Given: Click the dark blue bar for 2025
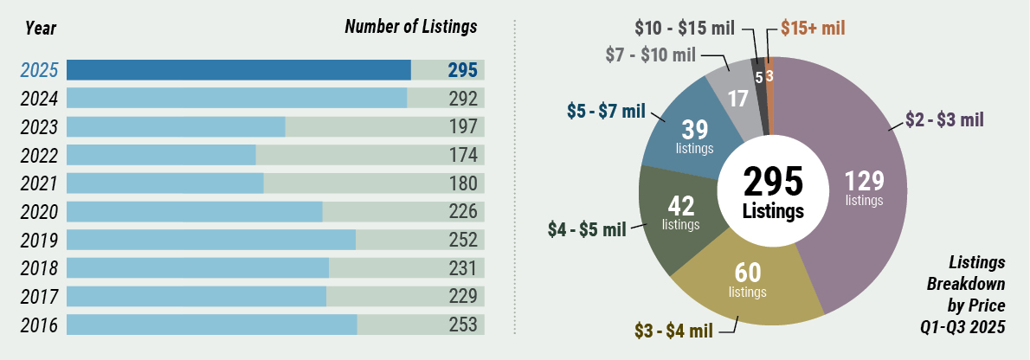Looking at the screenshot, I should click(x=238, y=70).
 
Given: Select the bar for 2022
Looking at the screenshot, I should click(x=161, y=155).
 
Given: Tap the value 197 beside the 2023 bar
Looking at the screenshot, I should click(x=463, y=127).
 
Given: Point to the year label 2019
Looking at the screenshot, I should click(x=39, y=241).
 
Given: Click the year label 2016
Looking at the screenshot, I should click(x=39, y=325).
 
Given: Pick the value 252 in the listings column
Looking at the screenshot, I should click(x=463, y=240).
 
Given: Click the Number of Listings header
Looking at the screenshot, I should click(x=410, y=27).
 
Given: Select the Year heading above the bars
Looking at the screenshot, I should click(x=41, y=28).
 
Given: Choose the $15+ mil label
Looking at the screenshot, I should click(x=813, y=27).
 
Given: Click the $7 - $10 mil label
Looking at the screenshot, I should click(x=649, y=55).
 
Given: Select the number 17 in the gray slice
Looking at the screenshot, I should click(x=737, y=98).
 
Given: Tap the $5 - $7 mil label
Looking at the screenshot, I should click(x=606, y=111).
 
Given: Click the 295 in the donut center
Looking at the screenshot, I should click(x=773, y=182).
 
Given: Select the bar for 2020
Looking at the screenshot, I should click(x=194, y=212).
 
